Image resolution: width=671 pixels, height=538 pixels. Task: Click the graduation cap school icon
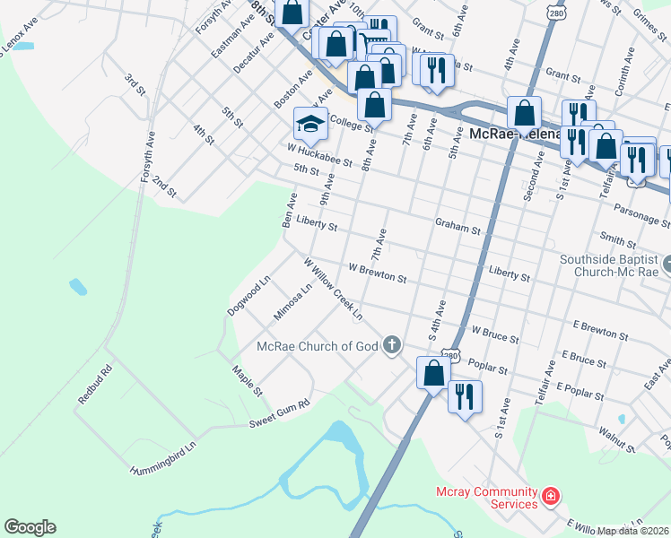(310, 125)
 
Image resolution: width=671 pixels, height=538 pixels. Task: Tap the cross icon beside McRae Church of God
(391, 344)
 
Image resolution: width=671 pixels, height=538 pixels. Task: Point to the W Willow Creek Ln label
(333, 290)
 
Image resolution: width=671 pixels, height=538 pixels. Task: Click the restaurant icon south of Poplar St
(465, 395)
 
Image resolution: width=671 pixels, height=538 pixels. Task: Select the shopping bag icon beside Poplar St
(433, 372)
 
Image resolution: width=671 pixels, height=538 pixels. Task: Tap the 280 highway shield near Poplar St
(450, 355)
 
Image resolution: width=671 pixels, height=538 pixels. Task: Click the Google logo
(30, 527)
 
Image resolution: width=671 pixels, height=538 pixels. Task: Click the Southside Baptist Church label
(609, 265)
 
